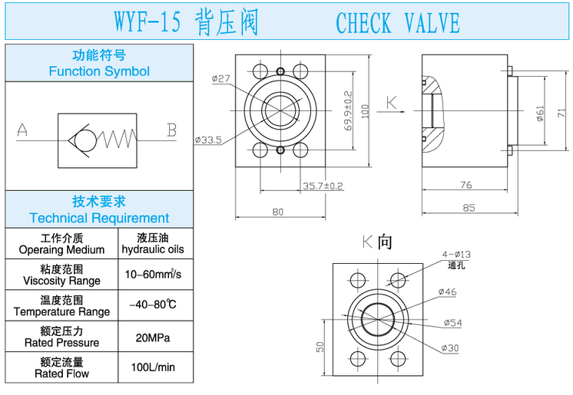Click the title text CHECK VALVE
(x=397, y=23)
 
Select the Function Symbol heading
(x=99, y=64)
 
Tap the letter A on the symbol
(x=23, y=131)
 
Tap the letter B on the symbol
(x=172, y=130)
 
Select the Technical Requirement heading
(x=99, y=209)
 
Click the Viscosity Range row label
(x=61, y=275)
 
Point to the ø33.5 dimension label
(x=208, y=140)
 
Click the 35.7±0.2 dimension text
(x=323, y=186)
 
